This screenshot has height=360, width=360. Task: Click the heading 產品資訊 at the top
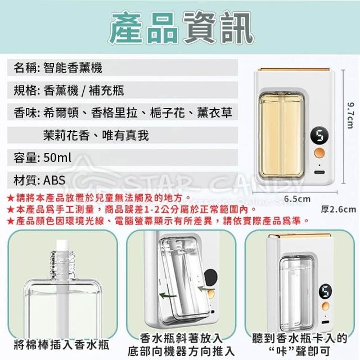(x=181, y=28)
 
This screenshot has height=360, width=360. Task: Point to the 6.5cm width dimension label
(x=297, y=199)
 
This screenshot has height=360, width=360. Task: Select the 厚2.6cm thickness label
(x=339, y=209)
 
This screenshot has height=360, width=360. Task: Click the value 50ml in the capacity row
(x=57, y=157)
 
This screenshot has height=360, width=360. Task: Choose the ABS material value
(x=55, y=180)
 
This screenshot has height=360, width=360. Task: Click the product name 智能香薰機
(x=73, y=68)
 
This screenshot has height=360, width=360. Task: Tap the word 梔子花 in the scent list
(x=168, y=112)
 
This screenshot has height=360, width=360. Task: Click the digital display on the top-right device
(x=319, y=136)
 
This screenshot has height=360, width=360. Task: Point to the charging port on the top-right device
(x=319, y=172)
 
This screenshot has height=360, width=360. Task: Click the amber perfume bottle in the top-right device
(x=282, y=136)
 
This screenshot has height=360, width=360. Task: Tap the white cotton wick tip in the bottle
(x=62, y=246)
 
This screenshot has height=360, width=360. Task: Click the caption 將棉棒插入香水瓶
(x=62, y=345)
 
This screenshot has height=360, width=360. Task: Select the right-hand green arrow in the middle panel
(x=206, y=289)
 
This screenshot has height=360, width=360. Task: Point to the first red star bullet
(x=11, y=198)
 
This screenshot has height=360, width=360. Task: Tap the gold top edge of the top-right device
(x=294, y=70)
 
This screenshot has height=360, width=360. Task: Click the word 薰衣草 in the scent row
(x=215, y=112)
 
